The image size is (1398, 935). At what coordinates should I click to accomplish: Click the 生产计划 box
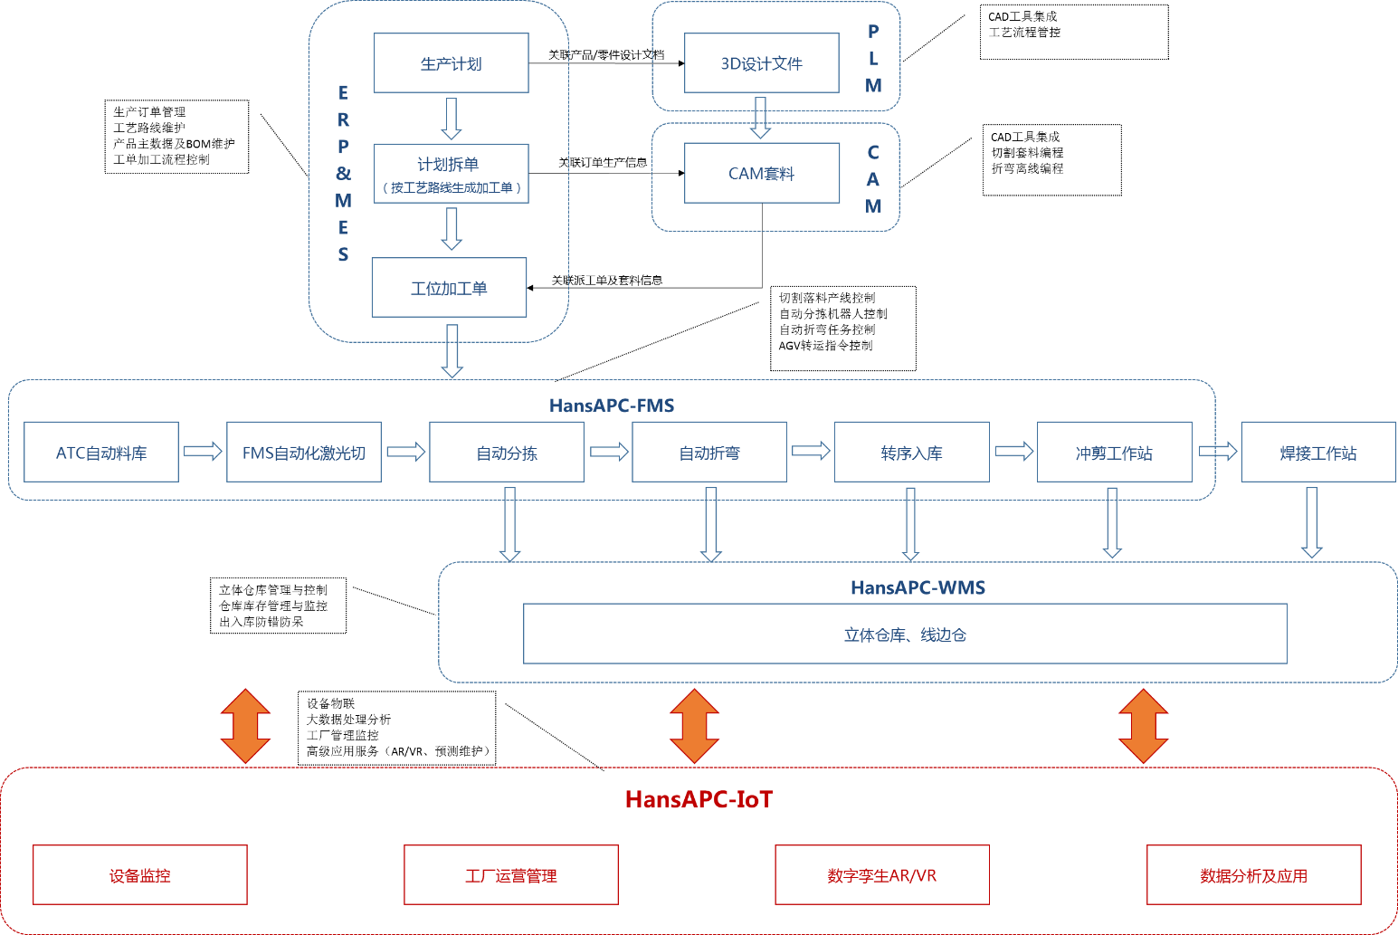451,63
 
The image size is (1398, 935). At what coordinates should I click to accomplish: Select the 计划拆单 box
451,173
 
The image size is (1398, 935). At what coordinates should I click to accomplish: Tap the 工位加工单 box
449,288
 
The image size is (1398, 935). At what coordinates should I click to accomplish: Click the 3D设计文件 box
761,63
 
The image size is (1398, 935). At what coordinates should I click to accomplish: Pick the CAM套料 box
761,173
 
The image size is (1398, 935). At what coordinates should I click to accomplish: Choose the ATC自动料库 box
101,452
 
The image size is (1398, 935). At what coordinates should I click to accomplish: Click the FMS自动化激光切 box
304,452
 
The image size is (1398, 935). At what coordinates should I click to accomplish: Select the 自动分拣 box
507,452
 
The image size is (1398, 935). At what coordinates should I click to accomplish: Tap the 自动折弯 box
709,452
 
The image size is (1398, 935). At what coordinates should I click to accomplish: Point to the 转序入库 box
911,452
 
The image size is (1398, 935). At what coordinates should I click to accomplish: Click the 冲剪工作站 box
1114,452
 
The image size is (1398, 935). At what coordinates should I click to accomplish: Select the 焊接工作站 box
1317,452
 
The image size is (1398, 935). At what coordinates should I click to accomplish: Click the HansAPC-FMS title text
612,405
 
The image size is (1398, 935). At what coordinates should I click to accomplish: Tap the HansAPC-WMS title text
918,587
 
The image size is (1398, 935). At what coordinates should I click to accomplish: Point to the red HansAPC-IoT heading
699,799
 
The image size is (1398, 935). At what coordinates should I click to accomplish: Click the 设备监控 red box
140,875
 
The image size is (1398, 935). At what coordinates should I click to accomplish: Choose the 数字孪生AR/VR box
882,875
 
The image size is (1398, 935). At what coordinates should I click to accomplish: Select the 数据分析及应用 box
1253,875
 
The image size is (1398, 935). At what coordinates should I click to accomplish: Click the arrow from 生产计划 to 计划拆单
451,119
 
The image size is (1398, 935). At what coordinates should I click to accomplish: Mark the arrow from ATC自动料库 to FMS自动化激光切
203,451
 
